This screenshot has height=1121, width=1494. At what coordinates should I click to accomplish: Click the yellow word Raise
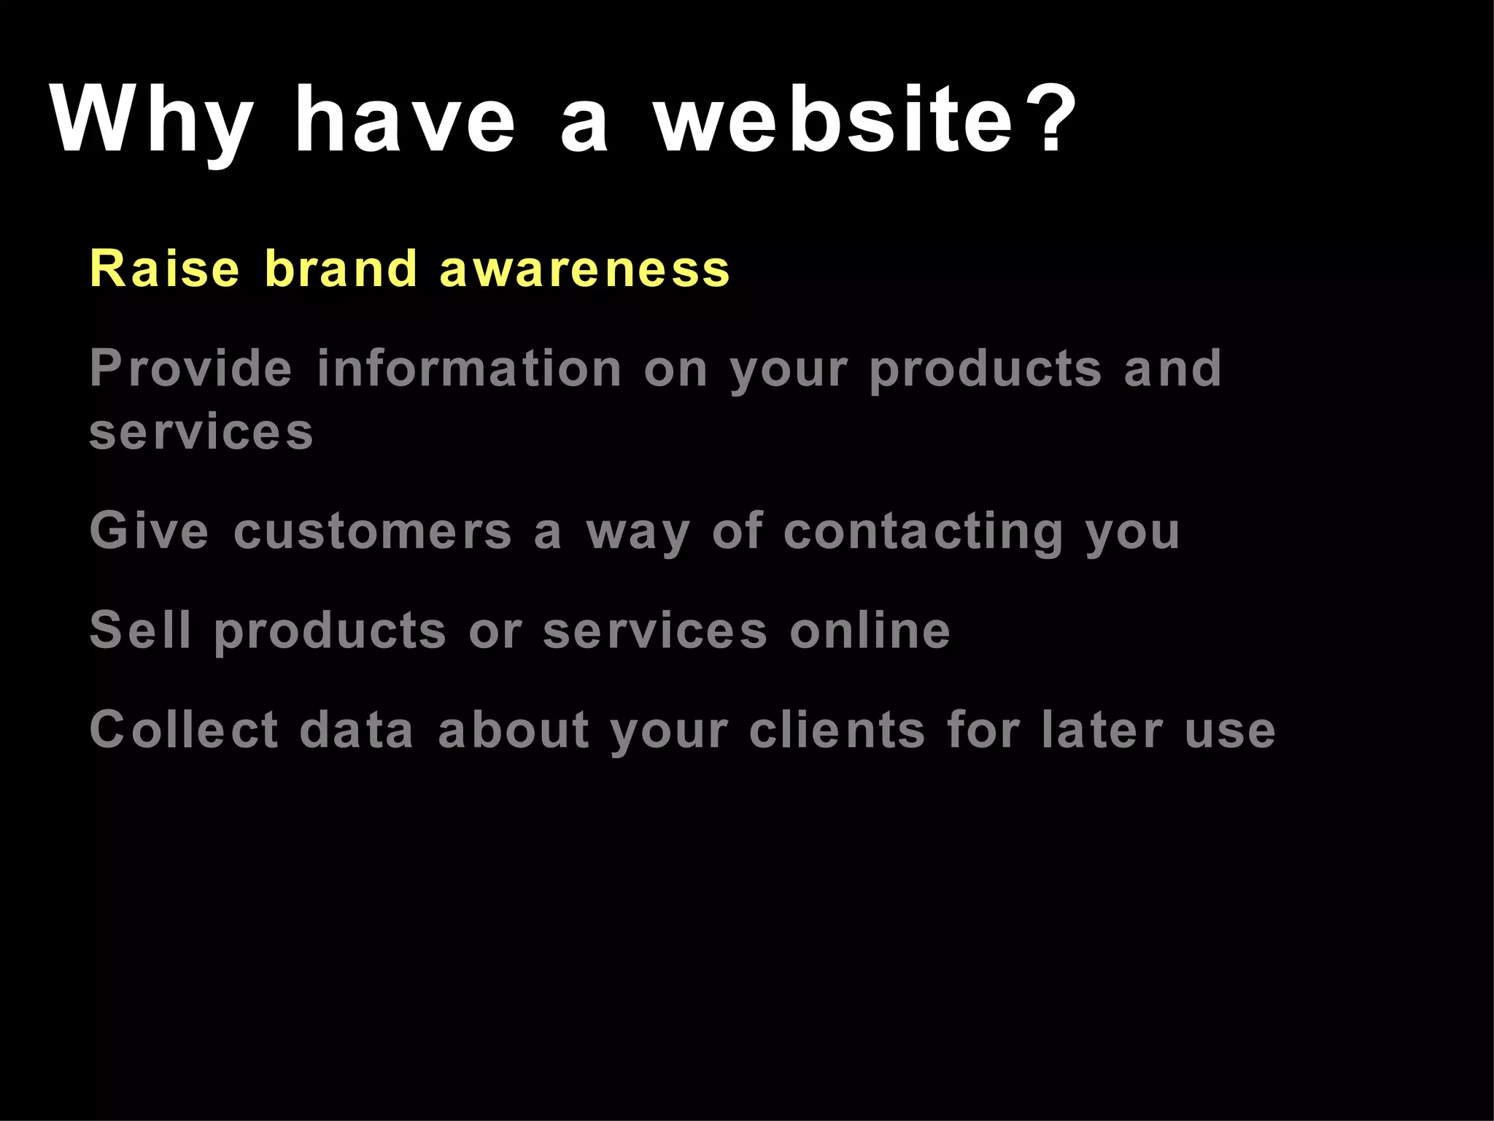(x=164, y=269)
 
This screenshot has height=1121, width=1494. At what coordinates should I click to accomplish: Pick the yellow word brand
(x=341, y=269)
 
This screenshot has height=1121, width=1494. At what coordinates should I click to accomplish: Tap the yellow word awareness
(x=584, y=269)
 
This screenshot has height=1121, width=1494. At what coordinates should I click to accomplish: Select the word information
(x=469, y=368)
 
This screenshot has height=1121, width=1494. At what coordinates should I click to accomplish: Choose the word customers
(x=373, y=531)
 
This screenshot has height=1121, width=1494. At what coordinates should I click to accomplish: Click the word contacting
(x=924, y=531)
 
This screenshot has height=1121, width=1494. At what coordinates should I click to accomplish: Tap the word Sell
(x=141, y=630)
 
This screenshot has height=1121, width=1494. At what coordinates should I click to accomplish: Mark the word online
(x=870, y=630)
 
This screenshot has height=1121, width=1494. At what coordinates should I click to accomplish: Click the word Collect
(x=184, y=729)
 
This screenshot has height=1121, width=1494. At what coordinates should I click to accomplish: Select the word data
(x=357, y=729)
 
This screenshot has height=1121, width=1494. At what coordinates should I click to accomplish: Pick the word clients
(x=837, y=729)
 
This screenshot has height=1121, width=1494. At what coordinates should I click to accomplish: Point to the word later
(x=1102, y=729)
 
